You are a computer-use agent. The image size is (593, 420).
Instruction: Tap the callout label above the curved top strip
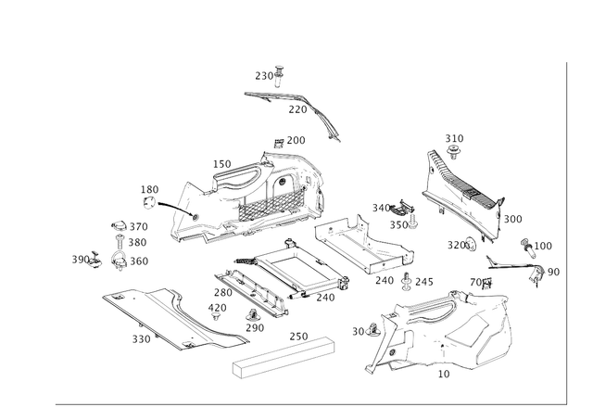tap(270, 71)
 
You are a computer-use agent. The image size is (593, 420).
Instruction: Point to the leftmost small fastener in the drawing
tap(93, 260)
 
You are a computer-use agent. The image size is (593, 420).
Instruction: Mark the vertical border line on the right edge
tap(564, 232)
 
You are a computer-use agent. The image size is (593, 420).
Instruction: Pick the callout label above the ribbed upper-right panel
tap(453, 140)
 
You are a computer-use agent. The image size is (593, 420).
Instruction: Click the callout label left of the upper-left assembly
tap(147, 192)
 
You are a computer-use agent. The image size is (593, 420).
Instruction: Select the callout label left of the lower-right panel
tap(361, 329)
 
